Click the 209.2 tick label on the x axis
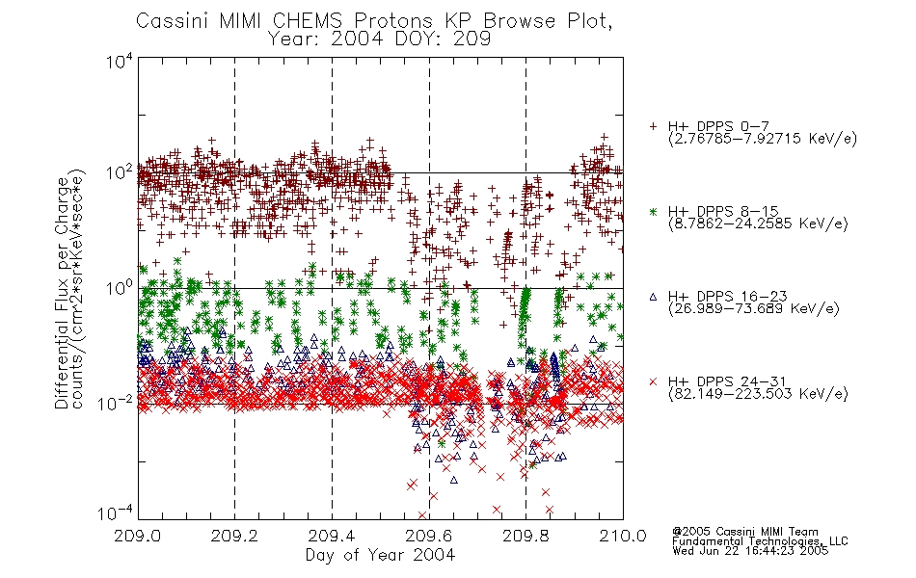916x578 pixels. (x=234, y=536)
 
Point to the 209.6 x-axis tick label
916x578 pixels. (x=428, y=536)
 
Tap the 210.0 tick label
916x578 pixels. (x=623, y=536)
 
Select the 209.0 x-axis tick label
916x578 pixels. (x=137, y=536)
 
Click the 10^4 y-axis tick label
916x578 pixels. (x=120, y=61)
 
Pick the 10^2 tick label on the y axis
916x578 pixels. (x=120, y=172)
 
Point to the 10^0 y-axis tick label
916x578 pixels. (x=120, y=288)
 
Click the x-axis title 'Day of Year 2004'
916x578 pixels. (x=380, y=555)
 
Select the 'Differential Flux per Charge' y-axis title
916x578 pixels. (x=62, y=293)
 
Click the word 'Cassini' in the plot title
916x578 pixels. (x=174, y=21)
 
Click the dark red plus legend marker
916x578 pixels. (x=654, y=126)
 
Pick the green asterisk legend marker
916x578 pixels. (x=654, y=211)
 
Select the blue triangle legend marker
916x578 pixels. (x=654, y=297)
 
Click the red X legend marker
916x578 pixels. (x=654, y=381)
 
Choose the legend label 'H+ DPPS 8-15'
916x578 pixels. (x=723, y=211)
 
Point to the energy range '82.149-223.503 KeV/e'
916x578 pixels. (x=758, y=394)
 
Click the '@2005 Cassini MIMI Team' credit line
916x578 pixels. (x=745, y=532)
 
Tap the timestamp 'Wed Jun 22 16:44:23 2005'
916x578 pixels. (x=750, y=550)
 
